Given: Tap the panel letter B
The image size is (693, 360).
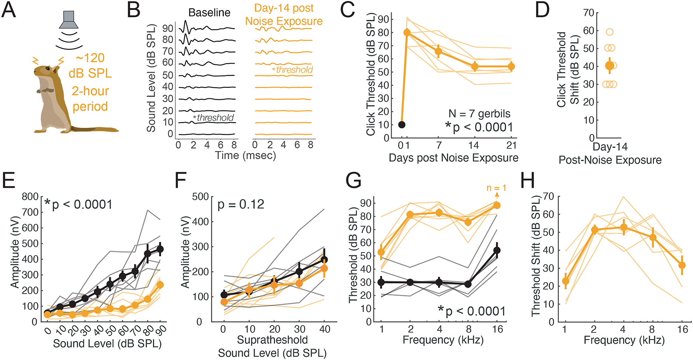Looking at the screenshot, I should pyautogui.click(x=133, y=10).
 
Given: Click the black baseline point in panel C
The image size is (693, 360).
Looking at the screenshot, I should pyautogui.click(x=402, y=125).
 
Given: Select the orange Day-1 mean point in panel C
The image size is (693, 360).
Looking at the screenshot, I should pyautogui.click(x=407, y=32).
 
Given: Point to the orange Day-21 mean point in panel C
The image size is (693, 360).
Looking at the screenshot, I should pyautogui.click(x=511, y=66).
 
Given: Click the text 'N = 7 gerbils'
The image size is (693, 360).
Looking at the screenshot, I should pyautogui.click(x=479, y=113).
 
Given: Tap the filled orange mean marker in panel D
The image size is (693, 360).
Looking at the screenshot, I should pyautogui.click(x=610, y=66).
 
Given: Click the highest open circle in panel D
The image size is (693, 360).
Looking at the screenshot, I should pyautogui.click(x=610, y=32).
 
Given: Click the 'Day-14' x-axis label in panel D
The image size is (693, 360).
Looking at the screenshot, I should pyautogui.click(x=610, y=147).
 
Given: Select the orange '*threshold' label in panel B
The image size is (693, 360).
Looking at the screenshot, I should pyautogui.click(x=293, y=70).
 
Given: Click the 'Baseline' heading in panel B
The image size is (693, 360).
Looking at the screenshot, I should pyautogui.click(x=209, y=13).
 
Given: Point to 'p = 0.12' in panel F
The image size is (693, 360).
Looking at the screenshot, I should pyautogui.click(x=241, y=204).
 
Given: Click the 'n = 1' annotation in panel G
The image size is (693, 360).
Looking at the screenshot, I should pyautogui.click(x=496, y=188).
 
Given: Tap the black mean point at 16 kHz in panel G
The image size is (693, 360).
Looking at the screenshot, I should pyautogui.click(x=497, y=250).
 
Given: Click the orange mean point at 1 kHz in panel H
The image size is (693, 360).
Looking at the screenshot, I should pyautogui.click(x=566, y=281).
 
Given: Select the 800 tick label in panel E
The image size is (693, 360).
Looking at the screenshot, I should pyautogui.click(x=30, y=197).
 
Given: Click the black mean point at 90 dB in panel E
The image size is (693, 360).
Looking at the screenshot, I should pyautogui.click(x=160, y=249).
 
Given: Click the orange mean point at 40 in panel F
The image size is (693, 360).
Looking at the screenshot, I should pyautogui.click(x=324, y=269).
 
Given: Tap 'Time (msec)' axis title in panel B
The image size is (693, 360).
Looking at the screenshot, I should pyautogui.click(x=245, y=155).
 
